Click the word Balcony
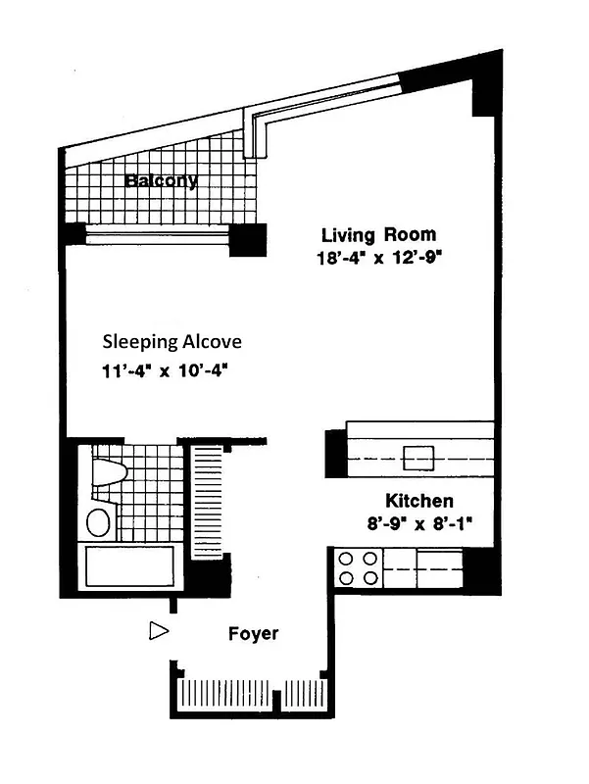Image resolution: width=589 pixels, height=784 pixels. pos(161,180)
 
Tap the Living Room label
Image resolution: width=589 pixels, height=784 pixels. pos(378,235)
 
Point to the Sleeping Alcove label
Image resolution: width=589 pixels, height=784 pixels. pos(172,342)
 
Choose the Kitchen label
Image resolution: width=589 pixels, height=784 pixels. pos(418,500)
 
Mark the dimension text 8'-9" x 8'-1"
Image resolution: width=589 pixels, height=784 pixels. pos(415,523)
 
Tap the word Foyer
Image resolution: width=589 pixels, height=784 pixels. pos(253,634)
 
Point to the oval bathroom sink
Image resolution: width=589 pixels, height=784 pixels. pos(99,521)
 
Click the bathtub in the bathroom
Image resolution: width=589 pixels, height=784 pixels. pos(128,567)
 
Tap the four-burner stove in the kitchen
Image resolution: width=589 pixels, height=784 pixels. pos(359,567)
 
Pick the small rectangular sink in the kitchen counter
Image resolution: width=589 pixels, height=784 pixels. pos(420,456)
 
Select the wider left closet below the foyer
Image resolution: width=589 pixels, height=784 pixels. pos(224,695)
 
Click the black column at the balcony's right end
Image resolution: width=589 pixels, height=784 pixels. pos(248,238)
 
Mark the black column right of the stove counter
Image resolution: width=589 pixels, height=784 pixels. pos(477,566)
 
